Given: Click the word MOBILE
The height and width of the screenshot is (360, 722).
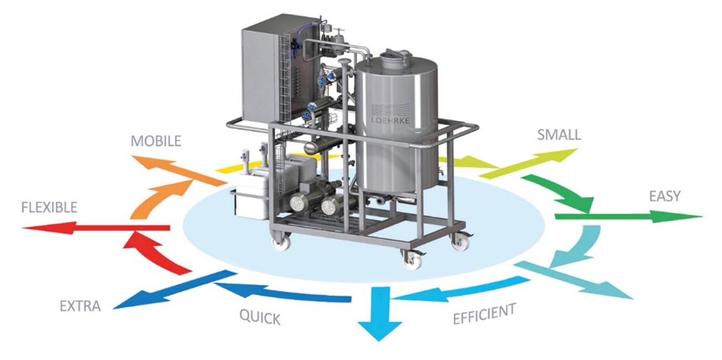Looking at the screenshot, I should (156, 141).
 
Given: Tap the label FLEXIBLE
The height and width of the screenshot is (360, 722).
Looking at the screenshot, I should (49, 208).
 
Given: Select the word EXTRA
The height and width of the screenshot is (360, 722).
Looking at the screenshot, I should (81, 306).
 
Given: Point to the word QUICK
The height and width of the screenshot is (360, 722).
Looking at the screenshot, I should (260, 317).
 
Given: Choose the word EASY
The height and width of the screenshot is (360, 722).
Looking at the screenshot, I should (665, 195).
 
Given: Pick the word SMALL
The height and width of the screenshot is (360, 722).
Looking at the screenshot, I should (558, 134).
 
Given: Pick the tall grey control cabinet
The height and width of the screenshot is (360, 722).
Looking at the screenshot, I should (265, 75).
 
